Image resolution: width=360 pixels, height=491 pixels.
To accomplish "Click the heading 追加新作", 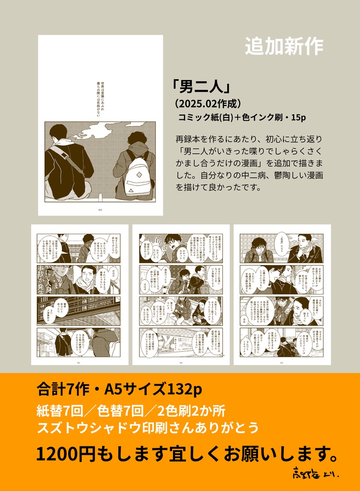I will tap(284, 46).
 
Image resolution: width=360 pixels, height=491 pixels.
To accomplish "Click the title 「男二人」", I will tap(202, 88).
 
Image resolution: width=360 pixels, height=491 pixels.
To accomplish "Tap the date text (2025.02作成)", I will tap(207, 104).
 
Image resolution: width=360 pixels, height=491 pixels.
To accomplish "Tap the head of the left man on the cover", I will tap(58, 132).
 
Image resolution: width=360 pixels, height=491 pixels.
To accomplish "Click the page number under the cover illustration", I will tap(100, 210).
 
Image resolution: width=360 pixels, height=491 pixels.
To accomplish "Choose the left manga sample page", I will tap(80, 294).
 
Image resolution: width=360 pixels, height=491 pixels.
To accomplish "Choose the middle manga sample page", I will tap(181, 294).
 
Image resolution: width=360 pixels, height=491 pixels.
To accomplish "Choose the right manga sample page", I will tap(282, 294).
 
